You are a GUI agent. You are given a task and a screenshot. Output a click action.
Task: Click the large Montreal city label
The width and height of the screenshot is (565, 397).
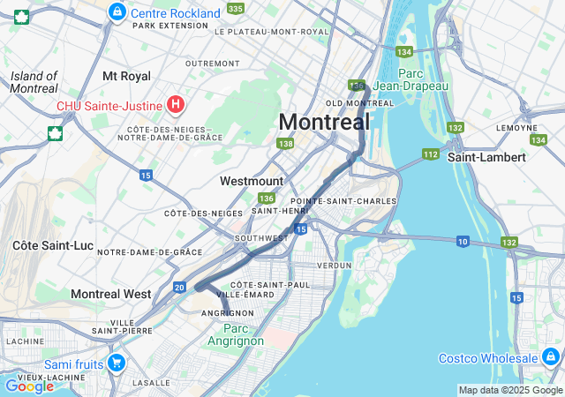tap(324, 122)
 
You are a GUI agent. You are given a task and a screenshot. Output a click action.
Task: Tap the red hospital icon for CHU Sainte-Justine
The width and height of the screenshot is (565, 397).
tap(176, 106)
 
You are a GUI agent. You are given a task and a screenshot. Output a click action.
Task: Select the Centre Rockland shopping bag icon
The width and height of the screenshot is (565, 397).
tap(117, 12)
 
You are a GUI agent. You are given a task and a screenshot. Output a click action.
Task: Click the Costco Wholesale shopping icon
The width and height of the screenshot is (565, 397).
tap(551, 357)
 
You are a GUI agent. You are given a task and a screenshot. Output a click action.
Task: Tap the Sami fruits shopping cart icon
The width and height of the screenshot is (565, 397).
tap(116, 363)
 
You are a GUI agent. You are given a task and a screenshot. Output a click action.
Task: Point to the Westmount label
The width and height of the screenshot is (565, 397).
tap(252, 181)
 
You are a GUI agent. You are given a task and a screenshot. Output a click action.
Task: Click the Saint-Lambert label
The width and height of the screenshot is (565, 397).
tap(486, 157)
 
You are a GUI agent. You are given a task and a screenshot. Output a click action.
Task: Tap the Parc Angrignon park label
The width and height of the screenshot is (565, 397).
tap(236, 334)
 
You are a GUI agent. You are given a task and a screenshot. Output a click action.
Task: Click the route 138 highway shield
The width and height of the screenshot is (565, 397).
tap(284, 143)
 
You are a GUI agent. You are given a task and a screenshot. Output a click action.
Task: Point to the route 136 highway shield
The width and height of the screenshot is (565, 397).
tap(267, 198)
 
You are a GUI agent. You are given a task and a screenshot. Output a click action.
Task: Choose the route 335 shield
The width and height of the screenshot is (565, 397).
tap(235, 9)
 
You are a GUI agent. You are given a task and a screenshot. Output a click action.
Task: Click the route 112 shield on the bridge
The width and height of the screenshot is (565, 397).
tap(430, 154)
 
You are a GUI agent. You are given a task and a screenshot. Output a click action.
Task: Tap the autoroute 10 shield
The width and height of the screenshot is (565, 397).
tap(463, 241)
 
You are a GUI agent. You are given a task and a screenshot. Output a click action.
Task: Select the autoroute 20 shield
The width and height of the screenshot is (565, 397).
tap(179, 287)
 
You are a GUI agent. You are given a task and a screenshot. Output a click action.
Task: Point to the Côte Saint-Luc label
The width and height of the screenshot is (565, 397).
tap(49, 243)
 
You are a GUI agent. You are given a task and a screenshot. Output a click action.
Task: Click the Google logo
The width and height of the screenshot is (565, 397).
tap(29, 386)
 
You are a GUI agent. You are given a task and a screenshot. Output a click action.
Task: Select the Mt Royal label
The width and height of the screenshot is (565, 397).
tap(126, 77)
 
